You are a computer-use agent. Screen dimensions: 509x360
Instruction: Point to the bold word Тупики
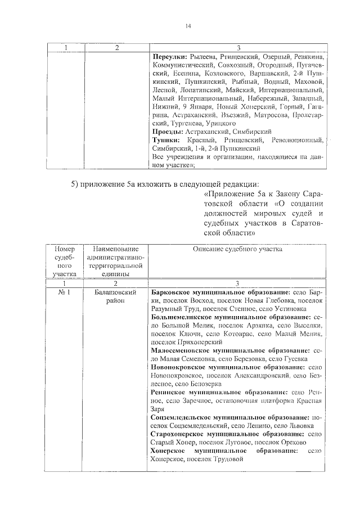coord(166,139)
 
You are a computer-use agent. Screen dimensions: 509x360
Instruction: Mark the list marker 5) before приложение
coord(74,184)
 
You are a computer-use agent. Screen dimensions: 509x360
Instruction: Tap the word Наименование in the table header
coord(114,248)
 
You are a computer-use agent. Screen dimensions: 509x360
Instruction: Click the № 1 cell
coord(64,292)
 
